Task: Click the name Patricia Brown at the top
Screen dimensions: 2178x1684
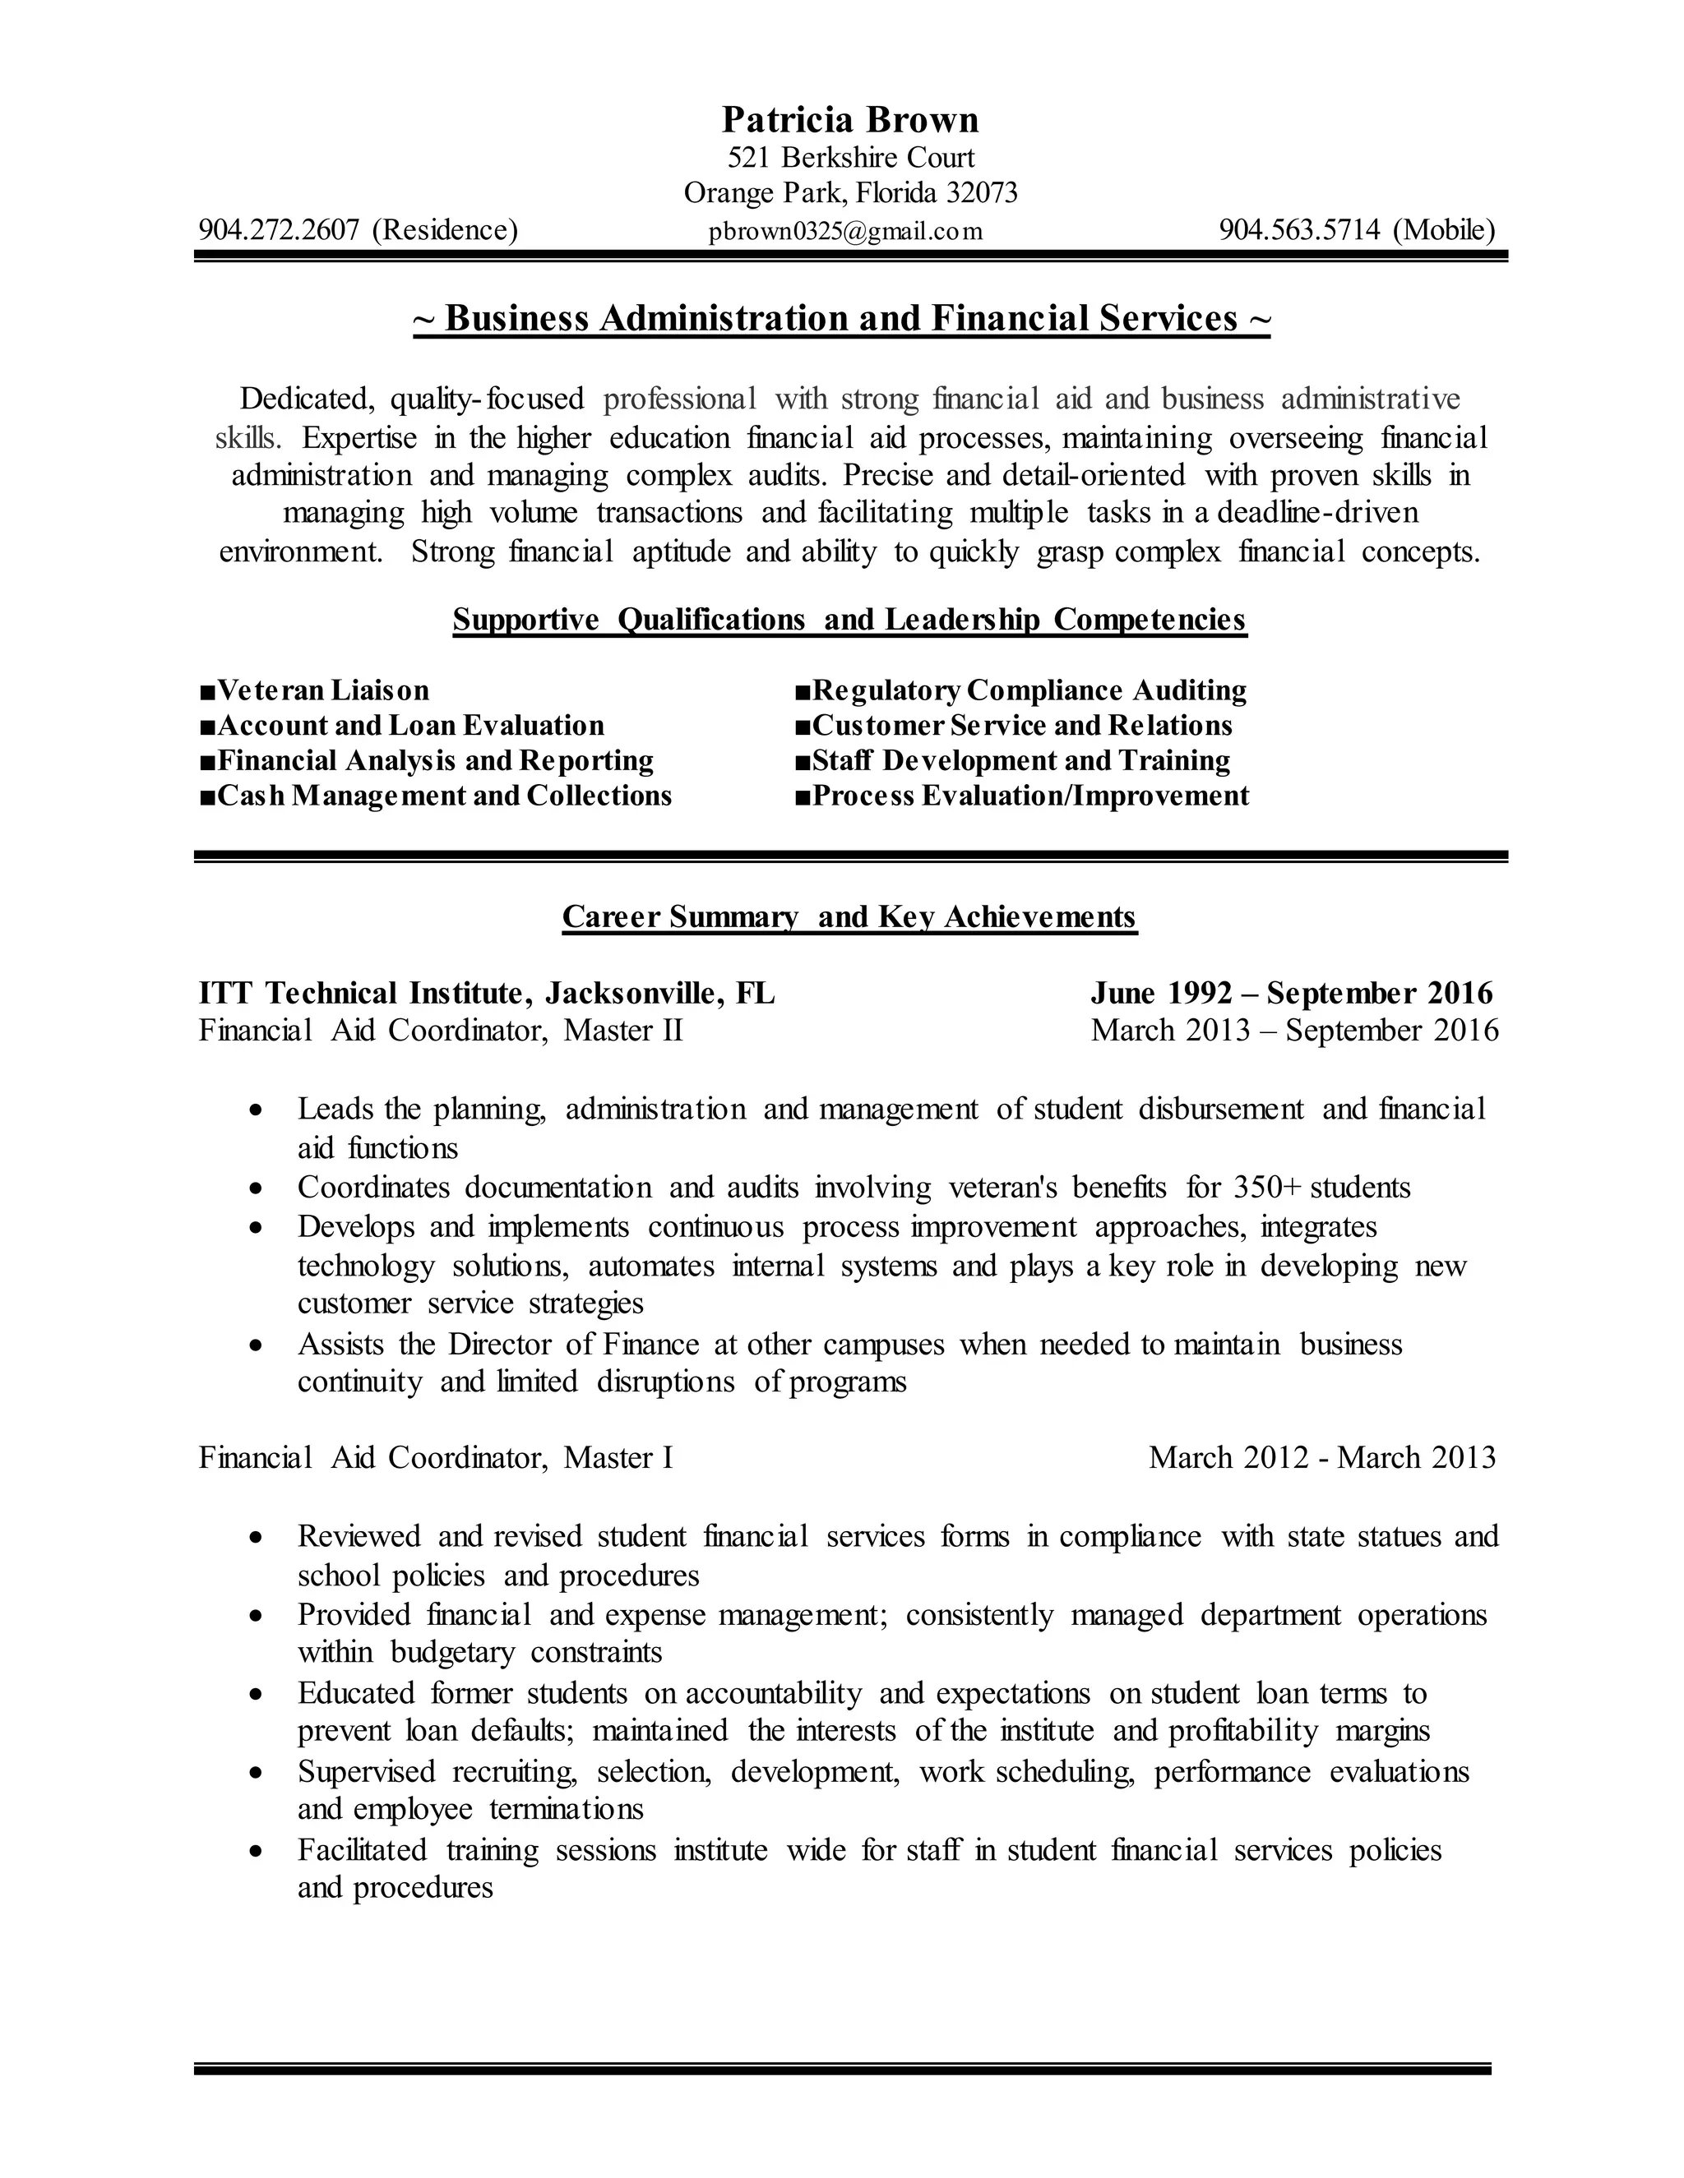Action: [850, 120]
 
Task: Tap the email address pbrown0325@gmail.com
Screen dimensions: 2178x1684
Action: [845, 232]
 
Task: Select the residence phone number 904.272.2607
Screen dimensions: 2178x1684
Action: [279, 230]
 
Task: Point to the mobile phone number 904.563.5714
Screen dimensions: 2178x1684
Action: [1300, 230]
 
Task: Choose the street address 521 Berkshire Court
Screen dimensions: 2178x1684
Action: [851, 158]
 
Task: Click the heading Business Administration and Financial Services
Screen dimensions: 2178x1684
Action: [842, 318]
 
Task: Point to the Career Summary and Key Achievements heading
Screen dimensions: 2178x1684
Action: [849, 916]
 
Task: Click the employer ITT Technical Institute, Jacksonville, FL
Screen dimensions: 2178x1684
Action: [487, 994]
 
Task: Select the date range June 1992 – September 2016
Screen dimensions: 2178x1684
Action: [1291, 994]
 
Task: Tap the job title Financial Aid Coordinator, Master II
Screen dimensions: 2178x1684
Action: [441, 1029]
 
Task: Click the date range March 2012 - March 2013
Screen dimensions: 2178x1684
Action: [1322, 1458]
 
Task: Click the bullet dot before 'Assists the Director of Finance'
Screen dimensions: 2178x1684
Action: [257, 1345]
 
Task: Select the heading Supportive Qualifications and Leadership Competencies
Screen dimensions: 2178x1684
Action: [849, 620]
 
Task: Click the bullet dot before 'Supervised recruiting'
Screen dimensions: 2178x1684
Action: [257, 1772]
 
